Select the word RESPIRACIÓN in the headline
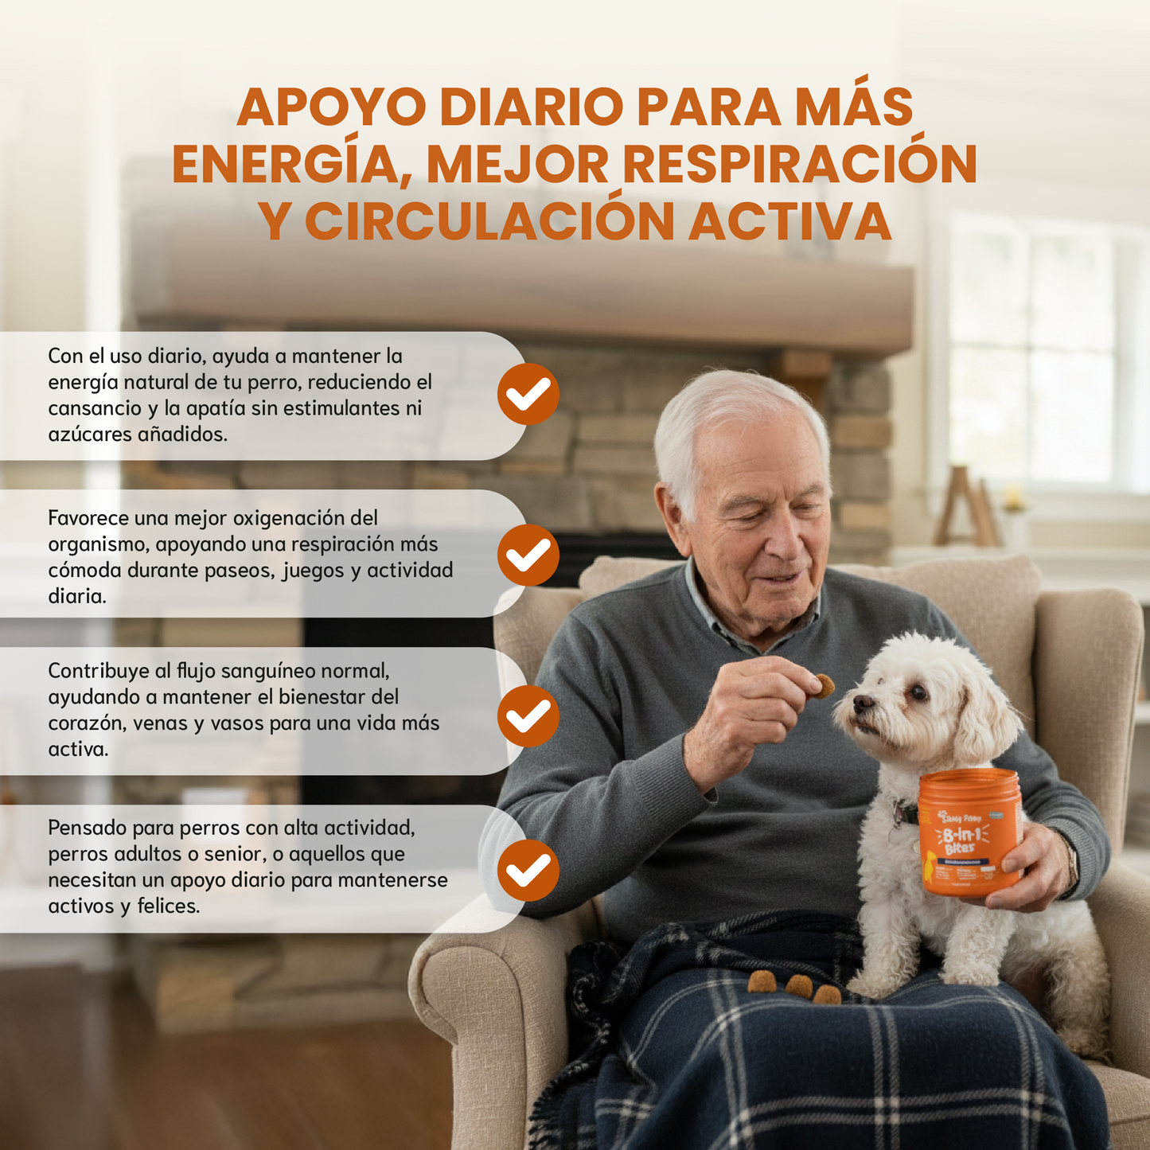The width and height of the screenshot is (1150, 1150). pos(799,165)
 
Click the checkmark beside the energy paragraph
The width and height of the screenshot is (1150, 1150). pos(528,394)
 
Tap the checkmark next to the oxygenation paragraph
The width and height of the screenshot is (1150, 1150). pos(528,555)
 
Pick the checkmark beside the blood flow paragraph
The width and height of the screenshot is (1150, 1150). pos(528,716)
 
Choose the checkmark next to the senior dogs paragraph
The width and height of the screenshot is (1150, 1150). pos(528,870)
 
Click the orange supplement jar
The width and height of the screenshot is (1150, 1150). pos(969,832)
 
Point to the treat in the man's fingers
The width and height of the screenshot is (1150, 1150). pos(823,685)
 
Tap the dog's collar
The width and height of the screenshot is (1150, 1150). pos(904,812)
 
